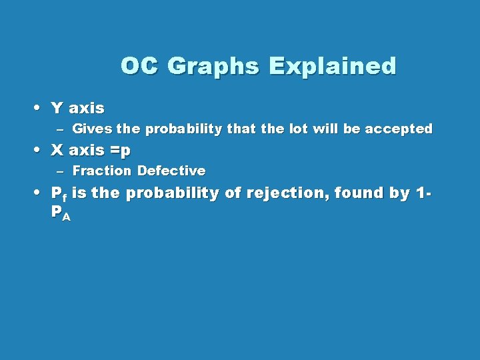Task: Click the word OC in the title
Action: pos(140,66)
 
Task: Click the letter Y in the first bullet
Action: pos(57,108)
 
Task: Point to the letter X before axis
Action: pos(57,151)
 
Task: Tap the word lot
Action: pos(297,129)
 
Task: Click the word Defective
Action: pos(171,171)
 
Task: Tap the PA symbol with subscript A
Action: pos(61,214)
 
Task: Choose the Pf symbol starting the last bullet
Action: pos(59,194)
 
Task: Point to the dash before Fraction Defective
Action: pos(59,172)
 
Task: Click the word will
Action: pos(325,129)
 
